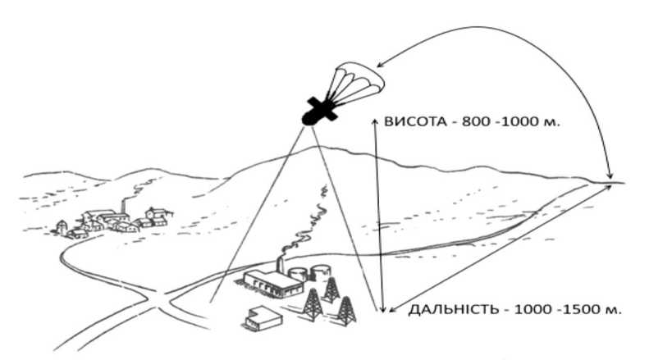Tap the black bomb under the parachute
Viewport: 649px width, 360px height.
click(319, 111)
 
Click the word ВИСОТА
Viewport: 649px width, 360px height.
click(409, 122)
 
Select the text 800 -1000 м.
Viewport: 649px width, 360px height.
click(510, 122)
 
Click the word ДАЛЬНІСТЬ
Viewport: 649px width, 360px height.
click(453, 309)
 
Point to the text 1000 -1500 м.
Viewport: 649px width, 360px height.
click(568, 309)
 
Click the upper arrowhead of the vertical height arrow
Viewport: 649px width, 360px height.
click(375, 120)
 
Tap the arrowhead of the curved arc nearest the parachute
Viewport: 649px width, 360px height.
click(381, 65)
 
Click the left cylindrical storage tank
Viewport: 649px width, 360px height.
click(298, 273)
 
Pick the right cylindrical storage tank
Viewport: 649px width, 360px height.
click(321, 271)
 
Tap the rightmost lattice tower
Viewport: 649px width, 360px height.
click(346, 310)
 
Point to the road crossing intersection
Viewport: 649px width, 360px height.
click(158, 300)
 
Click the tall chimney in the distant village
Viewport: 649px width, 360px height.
click(123, 206)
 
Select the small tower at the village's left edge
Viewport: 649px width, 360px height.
click(62, 228)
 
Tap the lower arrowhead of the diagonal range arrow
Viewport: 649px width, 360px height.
click(392, 308)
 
